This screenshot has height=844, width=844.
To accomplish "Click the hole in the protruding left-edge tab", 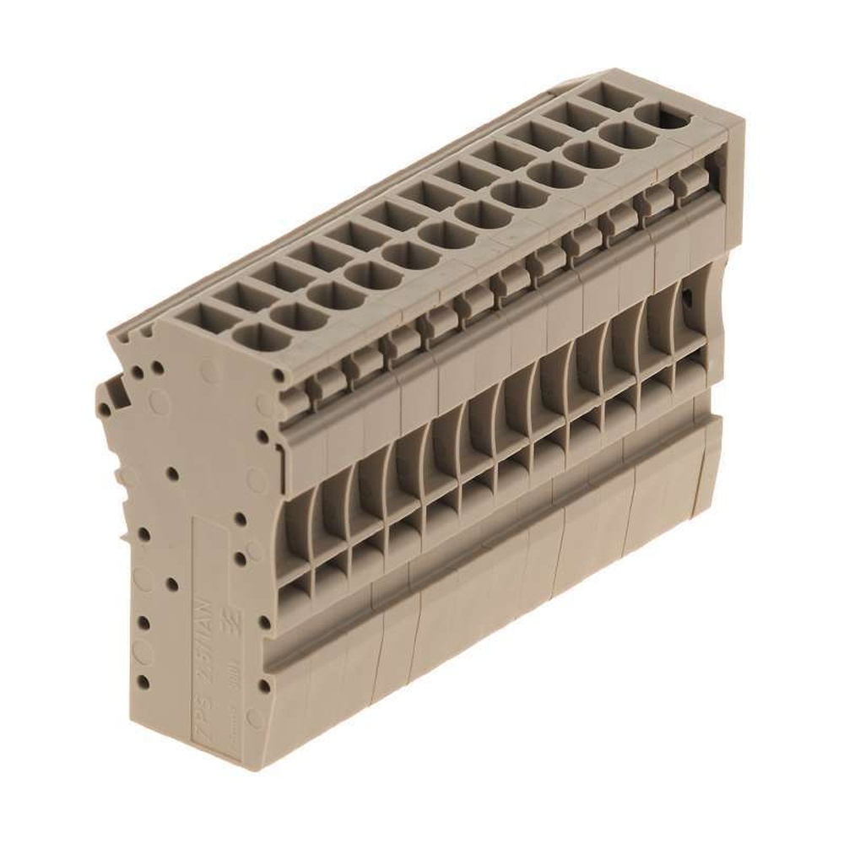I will coord(105,411).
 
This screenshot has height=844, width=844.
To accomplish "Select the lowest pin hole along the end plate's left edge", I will coord(143,681).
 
